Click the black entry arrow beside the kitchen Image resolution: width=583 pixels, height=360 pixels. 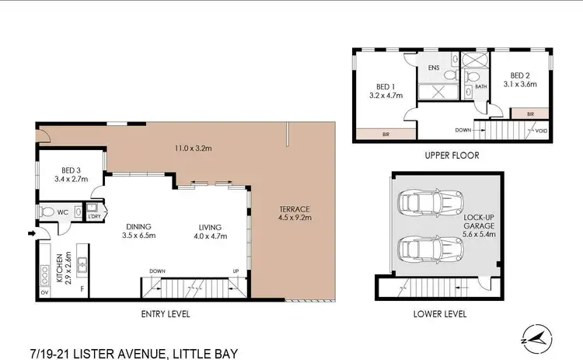pyautogui.click(x=30, y=231)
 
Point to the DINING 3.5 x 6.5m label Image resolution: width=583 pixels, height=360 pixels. pyautogui.click(x=141, y=231)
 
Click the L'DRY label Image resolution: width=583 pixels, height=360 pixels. pyautogui.click(x=95, y=215)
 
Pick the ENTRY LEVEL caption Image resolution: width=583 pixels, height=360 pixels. pyautogui.click(x=165, y=314)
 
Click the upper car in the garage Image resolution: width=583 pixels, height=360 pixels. pyautogui.click(x=419, y=203)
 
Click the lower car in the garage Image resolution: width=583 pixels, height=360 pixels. pyautogui.click(x=419, y=250)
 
